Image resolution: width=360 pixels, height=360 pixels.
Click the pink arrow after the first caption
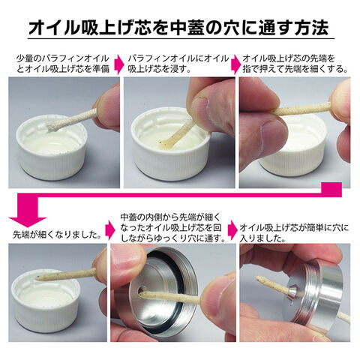(121, 64)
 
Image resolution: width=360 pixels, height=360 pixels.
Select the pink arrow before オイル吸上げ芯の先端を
(235, 64)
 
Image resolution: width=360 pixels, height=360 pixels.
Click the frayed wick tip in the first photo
(53, 127)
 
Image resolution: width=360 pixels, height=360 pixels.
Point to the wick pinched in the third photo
(302, 109)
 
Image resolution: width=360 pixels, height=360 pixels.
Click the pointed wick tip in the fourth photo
(38, 277)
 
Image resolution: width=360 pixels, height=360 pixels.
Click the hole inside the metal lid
(142, 292)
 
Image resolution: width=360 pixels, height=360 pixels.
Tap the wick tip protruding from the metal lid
(257, 278)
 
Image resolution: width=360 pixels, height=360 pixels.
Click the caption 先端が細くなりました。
(57, 235)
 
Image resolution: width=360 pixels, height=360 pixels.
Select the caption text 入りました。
(262, 238)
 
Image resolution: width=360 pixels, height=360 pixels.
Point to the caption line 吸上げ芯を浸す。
(160, 69)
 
